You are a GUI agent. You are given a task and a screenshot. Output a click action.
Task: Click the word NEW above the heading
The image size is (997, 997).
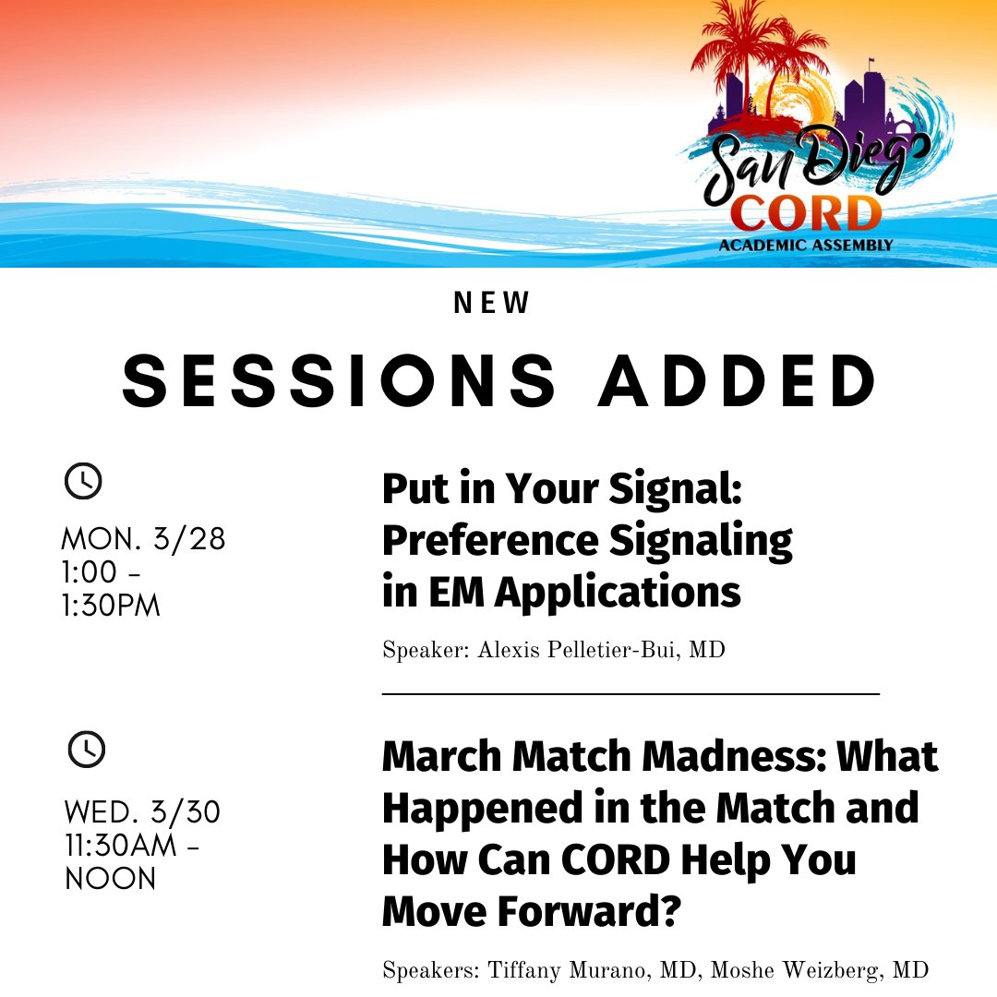(493, 304)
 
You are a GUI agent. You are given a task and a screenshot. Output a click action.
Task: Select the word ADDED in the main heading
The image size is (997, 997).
(737, 381)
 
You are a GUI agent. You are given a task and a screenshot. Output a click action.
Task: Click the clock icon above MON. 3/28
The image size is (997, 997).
(83, 482)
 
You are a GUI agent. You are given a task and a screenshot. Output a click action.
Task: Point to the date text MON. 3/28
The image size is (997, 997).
(143, 538)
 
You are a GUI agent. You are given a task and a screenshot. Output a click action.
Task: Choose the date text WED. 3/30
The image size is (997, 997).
(142, 813)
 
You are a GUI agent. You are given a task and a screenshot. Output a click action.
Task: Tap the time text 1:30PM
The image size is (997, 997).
(111, 606)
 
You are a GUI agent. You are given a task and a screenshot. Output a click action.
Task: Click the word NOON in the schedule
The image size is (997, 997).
(110, 879)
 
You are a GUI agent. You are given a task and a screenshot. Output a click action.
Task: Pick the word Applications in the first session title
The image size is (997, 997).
(618, 592)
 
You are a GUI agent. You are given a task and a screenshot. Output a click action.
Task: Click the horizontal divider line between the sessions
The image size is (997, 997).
(631, 692)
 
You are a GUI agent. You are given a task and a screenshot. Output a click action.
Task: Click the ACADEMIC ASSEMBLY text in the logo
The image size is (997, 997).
(806, 245)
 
